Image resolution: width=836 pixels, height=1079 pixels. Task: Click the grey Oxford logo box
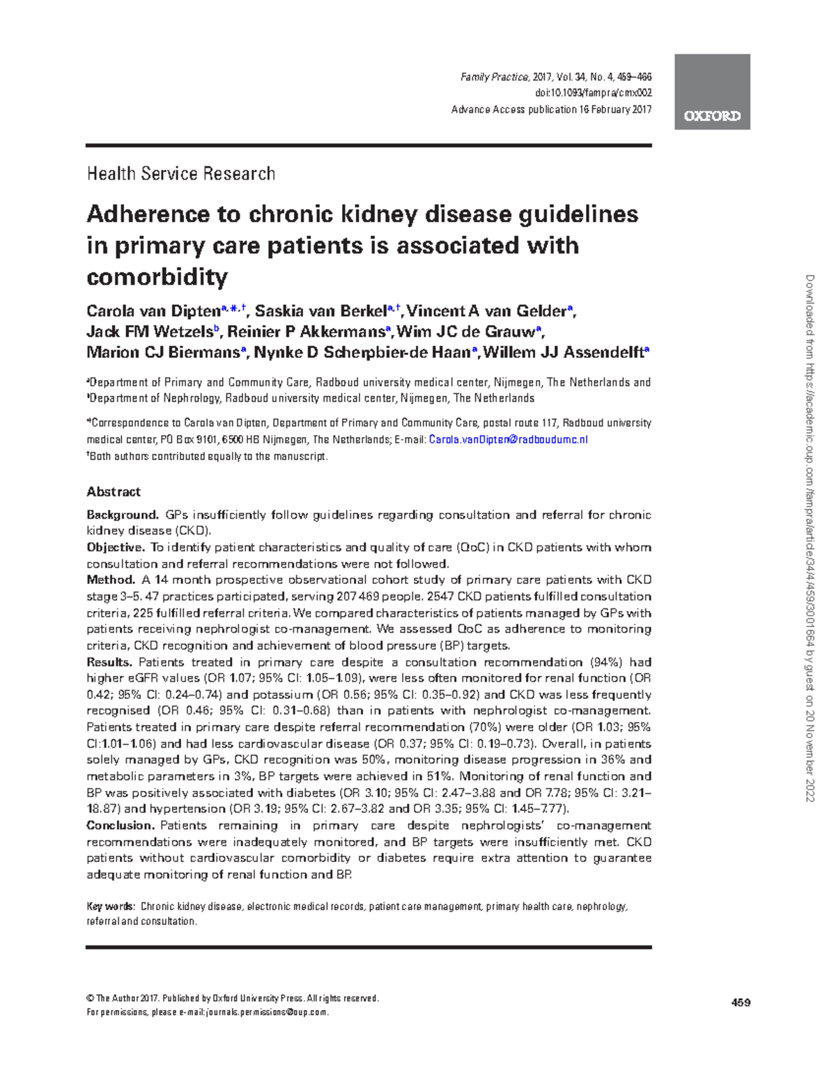(x=711, y=92)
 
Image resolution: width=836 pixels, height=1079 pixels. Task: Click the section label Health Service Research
(x=180, y=173)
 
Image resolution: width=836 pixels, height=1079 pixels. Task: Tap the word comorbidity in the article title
(x=157, y=277)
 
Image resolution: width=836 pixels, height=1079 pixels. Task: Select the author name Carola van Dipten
(x=153, y=311)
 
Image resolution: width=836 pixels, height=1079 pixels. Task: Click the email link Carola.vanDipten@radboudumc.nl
(x=509, y=440)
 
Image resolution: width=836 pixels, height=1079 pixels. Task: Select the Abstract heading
(x=114, y=491)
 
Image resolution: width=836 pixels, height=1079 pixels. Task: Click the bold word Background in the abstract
(x=122, y=515)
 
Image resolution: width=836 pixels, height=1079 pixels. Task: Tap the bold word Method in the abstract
(x=110, y=580)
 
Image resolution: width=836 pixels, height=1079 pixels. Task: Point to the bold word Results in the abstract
(x=109, y=662)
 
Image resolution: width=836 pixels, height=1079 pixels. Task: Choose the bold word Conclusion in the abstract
(x=120, y=826)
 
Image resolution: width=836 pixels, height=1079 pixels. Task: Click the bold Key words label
(x=110, y=907)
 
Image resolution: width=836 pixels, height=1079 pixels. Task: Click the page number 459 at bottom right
(x=741, y=1003)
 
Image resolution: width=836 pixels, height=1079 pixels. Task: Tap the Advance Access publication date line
(x=551, y=109)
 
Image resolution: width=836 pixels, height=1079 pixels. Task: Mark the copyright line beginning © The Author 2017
(x=232, y=998)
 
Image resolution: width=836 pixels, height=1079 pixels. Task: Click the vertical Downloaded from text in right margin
(x=810, y=536)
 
